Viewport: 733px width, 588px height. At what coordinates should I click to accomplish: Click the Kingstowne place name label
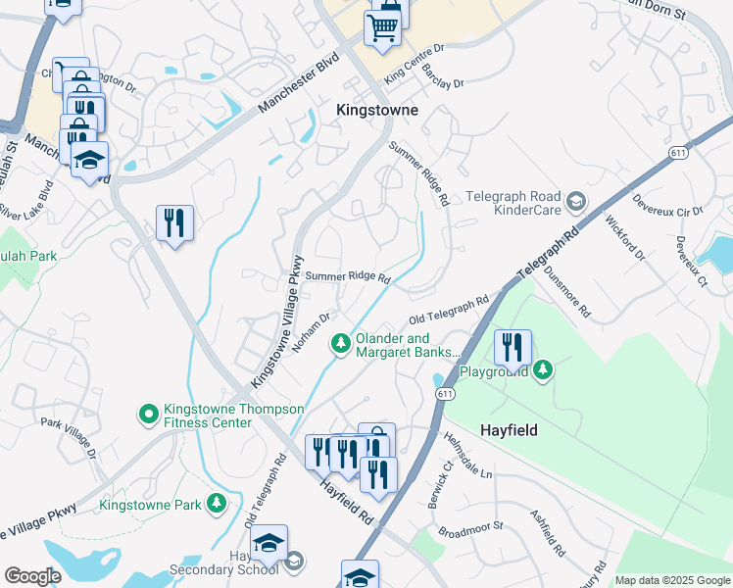(376, 111)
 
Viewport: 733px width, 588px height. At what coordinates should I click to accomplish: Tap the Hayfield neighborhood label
(511, 429)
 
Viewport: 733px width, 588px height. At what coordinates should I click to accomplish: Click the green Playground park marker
(542, 369)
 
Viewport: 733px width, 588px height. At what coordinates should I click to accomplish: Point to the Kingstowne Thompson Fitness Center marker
(148, 415)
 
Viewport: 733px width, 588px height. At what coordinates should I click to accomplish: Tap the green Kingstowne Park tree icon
(216, 504)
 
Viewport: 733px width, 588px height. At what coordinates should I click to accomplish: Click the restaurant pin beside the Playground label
(513, 347)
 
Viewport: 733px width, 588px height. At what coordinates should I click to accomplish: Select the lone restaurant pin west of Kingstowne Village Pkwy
(174, 222)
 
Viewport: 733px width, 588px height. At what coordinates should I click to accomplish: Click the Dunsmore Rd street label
(567, 294)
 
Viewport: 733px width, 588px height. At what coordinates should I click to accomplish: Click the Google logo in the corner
(32, 576)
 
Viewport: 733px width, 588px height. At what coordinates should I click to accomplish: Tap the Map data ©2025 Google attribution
(672, 580)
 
